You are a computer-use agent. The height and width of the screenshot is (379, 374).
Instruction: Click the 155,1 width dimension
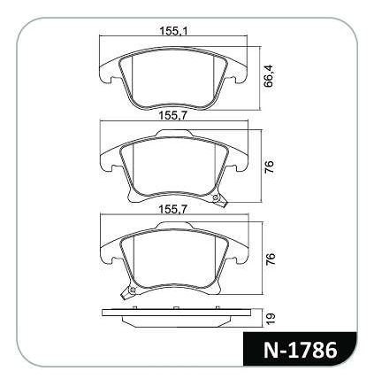click(173, 30)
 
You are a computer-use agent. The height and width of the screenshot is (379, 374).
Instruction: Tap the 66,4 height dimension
click(269, 76)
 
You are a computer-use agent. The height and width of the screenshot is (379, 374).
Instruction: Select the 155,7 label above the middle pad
click(173, 116)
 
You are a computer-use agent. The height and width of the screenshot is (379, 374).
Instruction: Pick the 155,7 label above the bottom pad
click(173, 209)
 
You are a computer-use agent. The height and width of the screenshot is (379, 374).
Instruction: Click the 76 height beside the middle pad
click(270, 166)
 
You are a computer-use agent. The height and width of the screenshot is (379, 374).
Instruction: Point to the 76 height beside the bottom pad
click(270, 259)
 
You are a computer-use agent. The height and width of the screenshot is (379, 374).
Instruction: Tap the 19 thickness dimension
click(271, 319)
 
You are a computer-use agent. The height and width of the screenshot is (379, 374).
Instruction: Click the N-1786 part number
click(300, 351)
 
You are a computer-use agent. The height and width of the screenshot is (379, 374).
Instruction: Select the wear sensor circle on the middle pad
click(217, 197)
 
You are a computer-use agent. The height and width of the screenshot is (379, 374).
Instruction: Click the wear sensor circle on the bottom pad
click(133, 290)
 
